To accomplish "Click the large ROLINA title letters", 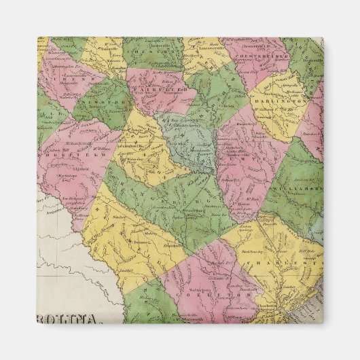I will tap(65, 320).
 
